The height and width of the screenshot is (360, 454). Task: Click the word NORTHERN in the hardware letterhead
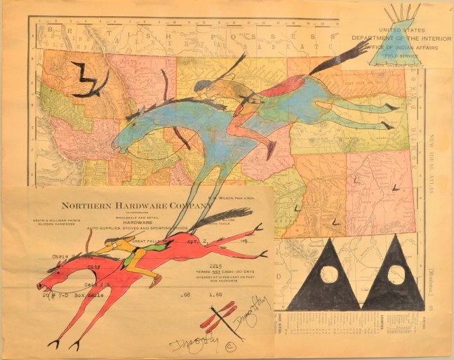[88, 206]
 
